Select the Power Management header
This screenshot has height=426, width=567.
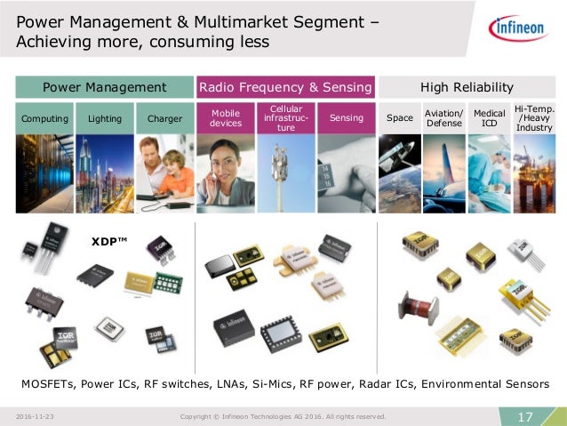(105, 87)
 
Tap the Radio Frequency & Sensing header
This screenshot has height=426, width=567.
(285, 87)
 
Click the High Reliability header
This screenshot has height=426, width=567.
(467, 87)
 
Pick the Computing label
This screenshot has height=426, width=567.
(44, 117)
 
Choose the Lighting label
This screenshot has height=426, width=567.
(105, 117)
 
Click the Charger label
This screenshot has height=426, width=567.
(164, 117)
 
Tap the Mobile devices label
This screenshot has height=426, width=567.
(225, 117)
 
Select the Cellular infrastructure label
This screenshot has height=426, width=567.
(286, 117)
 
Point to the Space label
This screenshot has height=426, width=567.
(400, 117)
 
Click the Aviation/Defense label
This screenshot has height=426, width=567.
(444, 117)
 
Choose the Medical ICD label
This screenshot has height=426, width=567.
(489, 117)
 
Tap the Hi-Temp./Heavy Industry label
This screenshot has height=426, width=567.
(534, 117)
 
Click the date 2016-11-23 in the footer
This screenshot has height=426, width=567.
(36, 416)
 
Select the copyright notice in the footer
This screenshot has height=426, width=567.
(283, 416)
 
